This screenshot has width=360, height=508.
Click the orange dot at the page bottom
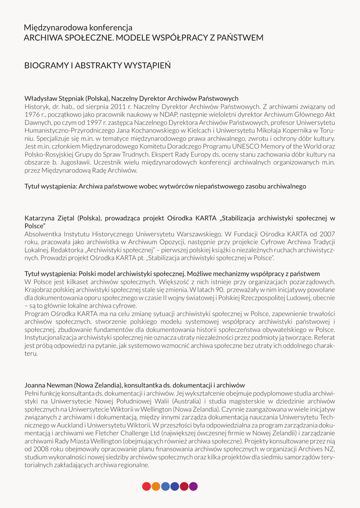[156, 486]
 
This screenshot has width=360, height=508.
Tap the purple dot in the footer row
[194, 486]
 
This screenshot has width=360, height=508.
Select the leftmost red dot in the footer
[146, 486]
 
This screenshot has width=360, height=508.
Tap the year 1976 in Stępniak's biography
[32, 114]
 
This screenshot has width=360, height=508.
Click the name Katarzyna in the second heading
[42, 217]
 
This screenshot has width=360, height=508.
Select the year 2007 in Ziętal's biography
[326, 234]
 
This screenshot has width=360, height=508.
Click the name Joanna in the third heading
[35, 384]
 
